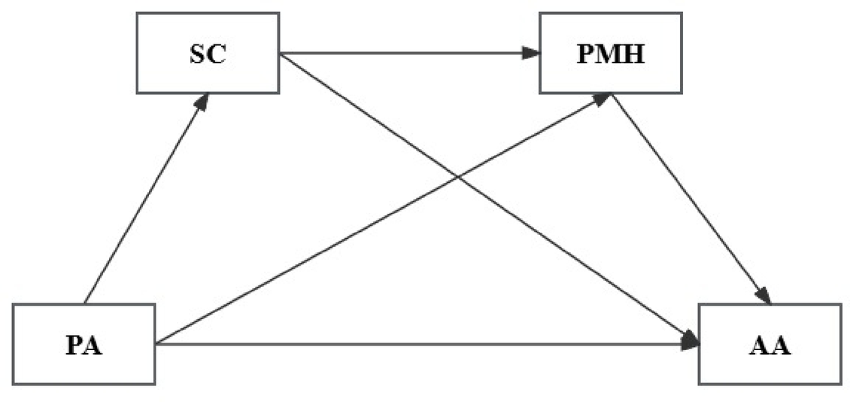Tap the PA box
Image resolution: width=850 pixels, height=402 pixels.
(x=83, y=344)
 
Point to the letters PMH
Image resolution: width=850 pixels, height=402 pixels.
(x=611, y=54)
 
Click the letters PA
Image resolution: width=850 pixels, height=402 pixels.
(x=83, y=346)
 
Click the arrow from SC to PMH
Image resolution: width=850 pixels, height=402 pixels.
(x=406, y=53)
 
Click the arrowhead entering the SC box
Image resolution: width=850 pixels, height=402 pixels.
(x=201, y=102)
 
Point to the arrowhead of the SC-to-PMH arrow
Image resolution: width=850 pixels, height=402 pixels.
(x=531, y=53)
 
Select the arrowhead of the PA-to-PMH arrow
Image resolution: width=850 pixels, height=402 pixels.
(x=602, y=100)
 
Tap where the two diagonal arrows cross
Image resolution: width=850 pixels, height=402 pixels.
(x=459, y=178)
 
